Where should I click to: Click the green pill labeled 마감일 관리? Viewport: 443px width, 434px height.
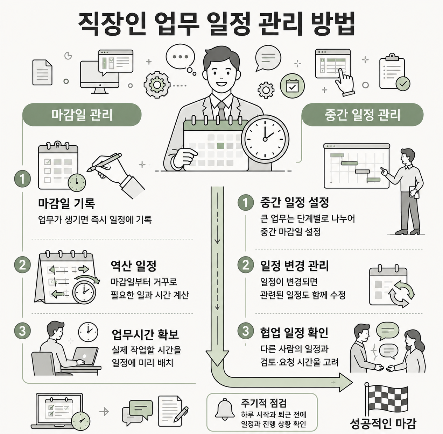coord(82,115)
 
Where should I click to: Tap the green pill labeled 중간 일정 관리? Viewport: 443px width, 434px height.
coord(362,115)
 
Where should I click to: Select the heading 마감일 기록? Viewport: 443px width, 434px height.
coord(66,203)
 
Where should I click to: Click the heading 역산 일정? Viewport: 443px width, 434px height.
coord(133,266)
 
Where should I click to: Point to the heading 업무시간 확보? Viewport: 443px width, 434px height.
coord(145,334)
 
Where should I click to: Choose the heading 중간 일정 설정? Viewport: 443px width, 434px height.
coord(295,202)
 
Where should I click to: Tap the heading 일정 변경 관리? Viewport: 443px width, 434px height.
coord(295,266)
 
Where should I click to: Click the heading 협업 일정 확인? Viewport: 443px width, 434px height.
coord(294,332)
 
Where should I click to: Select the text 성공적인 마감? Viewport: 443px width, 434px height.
coord(383,424)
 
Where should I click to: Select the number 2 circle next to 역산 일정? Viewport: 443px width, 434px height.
coord(22,265)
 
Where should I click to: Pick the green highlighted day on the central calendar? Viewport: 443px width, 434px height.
coord(220,146)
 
